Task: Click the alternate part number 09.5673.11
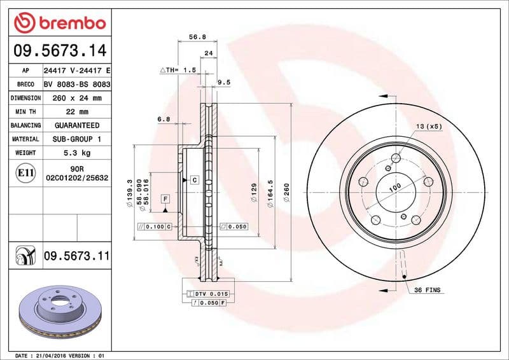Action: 76,256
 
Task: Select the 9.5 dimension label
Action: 223,82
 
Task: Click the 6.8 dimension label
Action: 164,118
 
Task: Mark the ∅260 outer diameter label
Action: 286,191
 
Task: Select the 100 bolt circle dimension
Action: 395,187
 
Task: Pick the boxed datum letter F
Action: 164,199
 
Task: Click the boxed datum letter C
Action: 194,181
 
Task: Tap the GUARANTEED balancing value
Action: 77,125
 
